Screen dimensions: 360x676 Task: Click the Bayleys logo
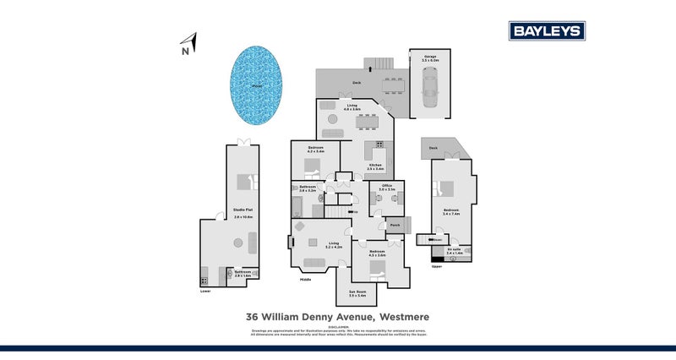tap(547, 31)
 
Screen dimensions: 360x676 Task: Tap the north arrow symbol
tap(192, 41)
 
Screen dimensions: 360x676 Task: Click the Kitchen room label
tap(375, 166)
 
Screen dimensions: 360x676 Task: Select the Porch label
tap(395, 225)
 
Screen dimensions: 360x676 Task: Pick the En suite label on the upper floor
tap(442, 249)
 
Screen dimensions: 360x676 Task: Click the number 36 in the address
tap(252, 318)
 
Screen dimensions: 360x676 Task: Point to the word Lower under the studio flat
tap(205, 292)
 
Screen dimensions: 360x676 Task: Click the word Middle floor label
tap(306, 279)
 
